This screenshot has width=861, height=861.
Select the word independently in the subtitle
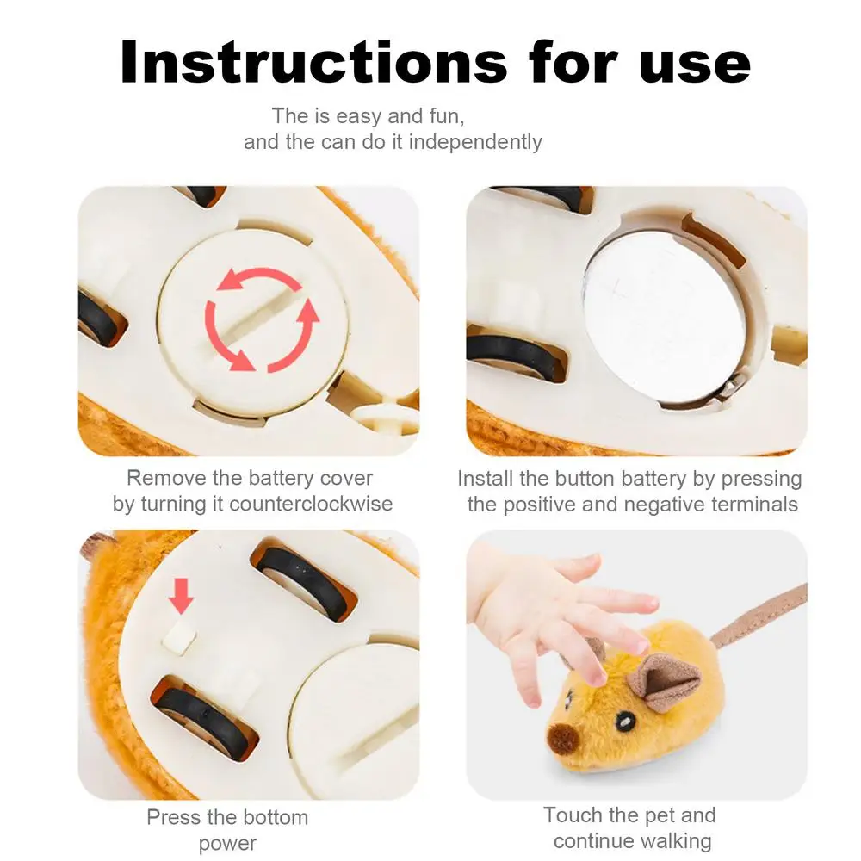coord(475,142)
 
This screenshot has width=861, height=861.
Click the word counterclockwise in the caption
coord(311,504)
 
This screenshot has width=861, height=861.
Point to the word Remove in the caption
coord(166,478)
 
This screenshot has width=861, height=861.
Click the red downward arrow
coord(181,595)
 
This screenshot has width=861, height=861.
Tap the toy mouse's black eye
coord(624,721)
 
